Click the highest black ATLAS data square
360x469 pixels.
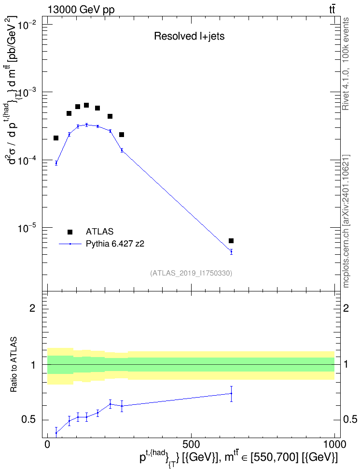pyautogui.click(x=86, y=105)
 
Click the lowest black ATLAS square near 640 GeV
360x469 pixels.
pyautogui.click(x=231, y=241)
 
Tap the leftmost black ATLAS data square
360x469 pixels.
pyautogui.click(x=56, y=138)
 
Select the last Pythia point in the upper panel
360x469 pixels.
pyautogui.click(x=231, y=252)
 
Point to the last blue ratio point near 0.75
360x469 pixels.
pyautogui.click(x=231, y=393)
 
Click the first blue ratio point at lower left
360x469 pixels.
pyautogui.click(x=56, y=433)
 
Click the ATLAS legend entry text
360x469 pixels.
pyautogui.click(x=99, y=232)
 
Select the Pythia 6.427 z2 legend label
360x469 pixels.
pyautogui.click(x=115, y=244)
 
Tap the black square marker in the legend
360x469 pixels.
pyautogui.click(x=70, y=232)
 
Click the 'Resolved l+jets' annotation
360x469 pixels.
pyautogui.click(x=189, y=36)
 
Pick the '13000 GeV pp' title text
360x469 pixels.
pyautogui.click(x=81, y=10)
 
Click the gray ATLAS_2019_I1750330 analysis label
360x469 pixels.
pyautogui.click(x=191, y=273)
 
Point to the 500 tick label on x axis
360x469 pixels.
pyautogui.click(x=191, y=444)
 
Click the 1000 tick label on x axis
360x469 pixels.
pyautogui.click(x=334, y=444)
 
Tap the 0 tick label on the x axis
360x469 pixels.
pyautogui.click(x=47, y=444)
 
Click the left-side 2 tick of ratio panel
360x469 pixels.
pyautogui.click(x=32, y=308)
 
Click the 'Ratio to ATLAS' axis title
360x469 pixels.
pyautogui.click(x=14, y=365)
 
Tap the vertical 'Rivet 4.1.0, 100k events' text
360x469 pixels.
pyautogui.click(x=346, y=64)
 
